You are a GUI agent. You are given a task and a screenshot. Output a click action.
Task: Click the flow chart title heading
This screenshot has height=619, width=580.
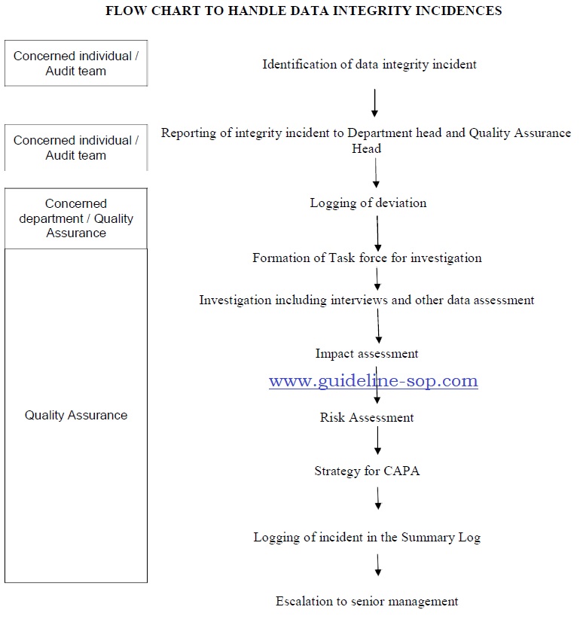click(x=304, y=11)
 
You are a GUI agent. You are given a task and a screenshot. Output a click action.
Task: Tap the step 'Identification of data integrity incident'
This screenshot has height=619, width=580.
click(x=369, y=64)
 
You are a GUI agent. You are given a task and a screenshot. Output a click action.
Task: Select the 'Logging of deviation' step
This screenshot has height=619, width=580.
click(x=368, y=203)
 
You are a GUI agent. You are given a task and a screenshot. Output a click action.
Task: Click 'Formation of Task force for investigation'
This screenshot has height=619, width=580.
click(x=367, y=258)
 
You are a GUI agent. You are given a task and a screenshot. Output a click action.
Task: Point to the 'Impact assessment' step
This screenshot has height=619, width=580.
click(x=367, y=353)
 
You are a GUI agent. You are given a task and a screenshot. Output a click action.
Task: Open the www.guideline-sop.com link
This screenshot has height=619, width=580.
click(x=374, y=381)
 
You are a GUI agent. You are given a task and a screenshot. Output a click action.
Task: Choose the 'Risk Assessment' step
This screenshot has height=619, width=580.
click(x=367, y=417)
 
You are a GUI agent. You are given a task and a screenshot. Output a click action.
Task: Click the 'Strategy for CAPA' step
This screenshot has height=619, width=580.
click(x=367, y=471)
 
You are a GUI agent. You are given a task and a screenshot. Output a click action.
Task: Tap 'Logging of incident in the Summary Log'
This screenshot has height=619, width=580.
click(x=367, y=537)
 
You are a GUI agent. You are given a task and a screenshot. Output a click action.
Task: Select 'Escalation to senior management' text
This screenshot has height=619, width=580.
click(x=367, y=601)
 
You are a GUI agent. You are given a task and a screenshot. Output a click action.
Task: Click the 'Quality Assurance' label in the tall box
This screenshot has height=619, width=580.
click(x=76, y=415)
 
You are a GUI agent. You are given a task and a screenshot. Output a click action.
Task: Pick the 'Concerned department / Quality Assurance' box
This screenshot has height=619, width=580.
click(x=76, y=218)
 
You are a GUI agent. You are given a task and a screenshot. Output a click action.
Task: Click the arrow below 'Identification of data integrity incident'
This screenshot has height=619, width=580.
click(x=374, y=103)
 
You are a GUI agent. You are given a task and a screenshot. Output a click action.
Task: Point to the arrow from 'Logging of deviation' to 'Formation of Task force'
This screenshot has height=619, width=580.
click(x=377, y=233)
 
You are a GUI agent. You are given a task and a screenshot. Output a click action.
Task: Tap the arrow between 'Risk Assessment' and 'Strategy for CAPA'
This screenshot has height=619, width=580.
click(x=377, y=441)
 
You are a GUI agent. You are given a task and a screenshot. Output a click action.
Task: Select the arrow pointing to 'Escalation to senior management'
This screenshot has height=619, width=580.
click(x=378, y=565)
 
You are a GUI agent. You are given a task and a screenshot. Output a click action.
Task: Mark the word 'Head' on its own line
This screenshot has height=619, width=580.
click(x=366, y=149)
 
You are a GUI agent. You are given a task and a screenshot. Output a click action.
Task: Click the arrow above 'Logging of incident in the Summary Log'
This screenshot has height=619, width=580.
click(x=378, y=499)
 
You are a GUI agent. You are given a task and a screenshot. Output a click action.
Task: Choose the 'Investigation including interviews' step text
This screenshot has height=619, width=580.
click(x=366, y=300)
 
